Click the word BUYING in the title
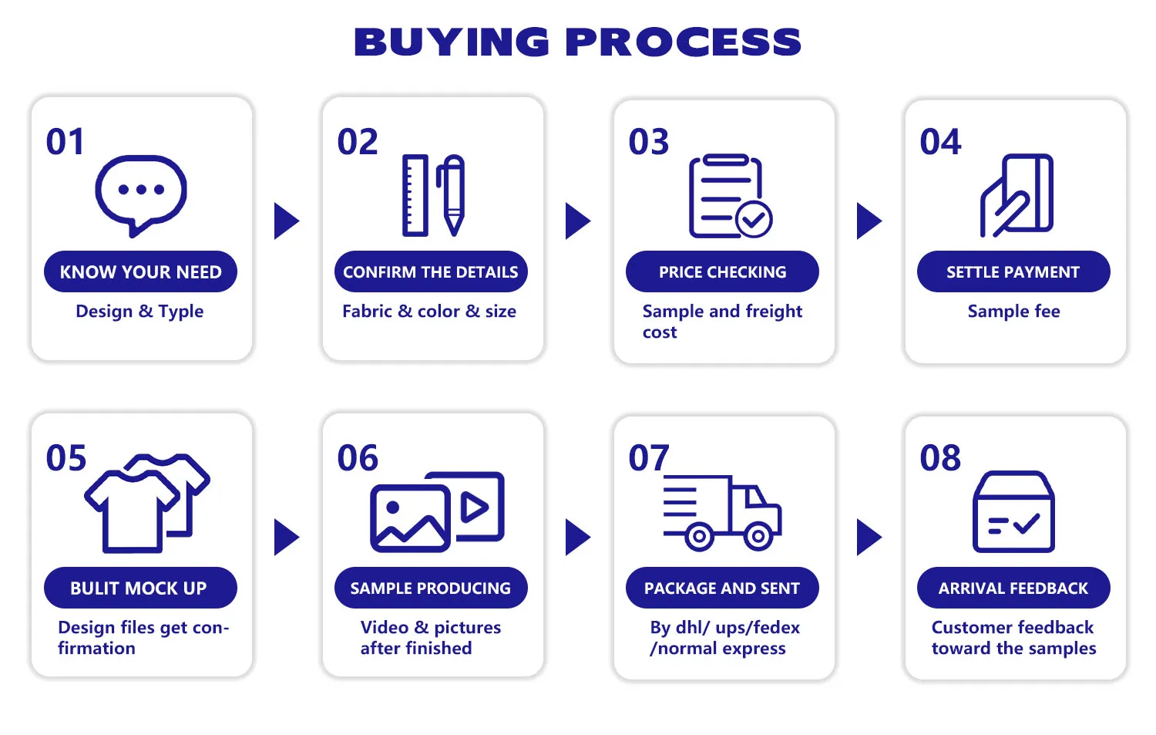point(452,42)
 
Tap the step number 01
point(65,142)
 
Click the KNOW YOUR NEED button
point(140,271)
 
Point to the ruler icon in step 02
point(415,195)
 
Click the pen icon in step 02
point(451,195)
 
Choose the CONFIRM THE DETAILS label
point(431,271)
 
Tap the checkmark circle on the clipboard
point(754,220)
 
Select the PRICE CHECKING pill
point(723,271)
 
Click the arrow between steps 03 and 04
point(869,221)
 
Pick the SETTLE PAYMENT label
point(1013,271)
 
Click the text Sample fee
point(1014,311)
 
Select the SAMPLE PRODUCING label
point(431,588)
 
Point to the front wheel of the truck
point(758,536)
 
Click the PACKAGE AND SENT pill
point(723,588)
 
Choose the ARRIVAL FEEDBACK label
point(1013,588)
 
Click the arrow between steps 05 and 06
point(286,538)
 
